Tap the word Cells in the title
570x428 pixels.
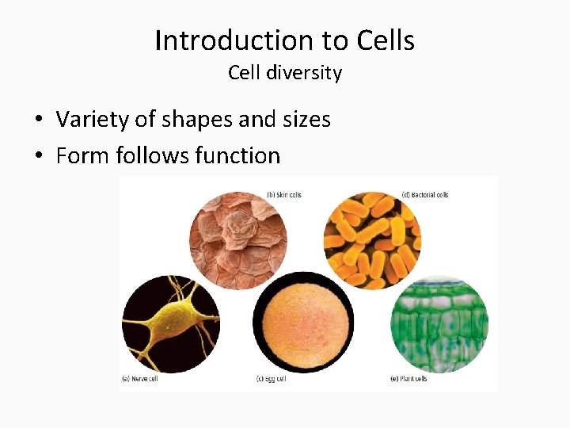pos(386,40)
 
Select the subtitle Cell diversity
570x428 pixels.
pos(285,73)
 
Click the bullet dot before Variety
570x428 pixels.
pos(38,120)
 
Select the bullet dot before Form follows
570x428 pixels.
pos(38,156)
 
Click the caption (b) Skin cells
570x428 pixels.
pos(283,195)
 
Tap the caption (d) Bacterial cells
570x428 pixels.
pos(425,195)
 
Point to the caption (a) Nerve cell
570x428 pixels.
pos(139,379)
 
